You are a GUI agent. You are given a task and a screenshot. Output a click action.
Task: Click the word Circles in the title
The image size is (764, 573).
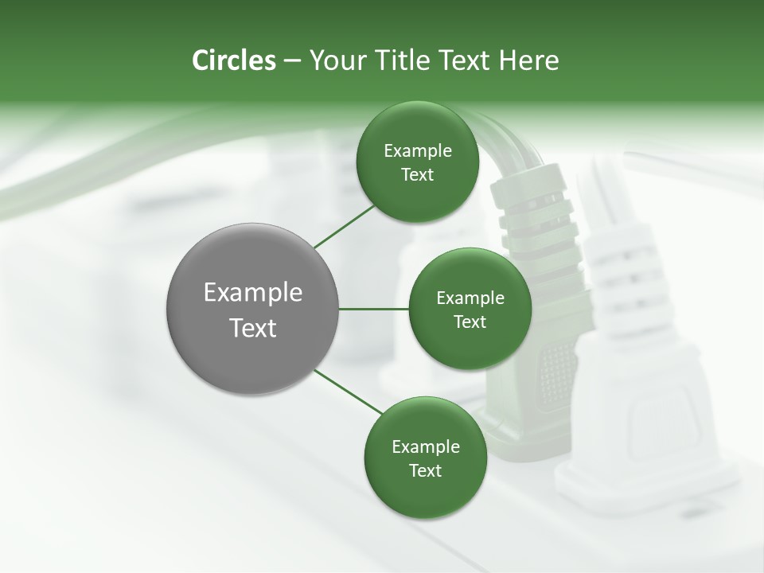click(233, 60)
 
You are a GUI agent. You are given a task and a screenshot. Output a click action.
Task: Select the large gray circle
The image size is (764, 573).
click(253, 309)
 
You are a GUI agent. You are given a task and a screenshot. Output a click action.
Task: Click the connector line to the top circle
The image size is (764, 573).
click(344, 227)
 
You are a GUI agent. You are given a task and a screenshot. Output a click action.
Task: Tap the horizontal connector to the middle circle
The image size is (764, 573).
click(374, 309)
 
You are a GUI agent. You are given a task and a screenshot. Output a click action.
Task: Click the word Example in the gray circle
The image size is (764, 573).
click(253, 293)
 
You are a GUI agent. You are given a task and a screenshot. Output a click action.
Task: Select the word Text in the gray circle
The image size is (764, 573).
click(253, 327)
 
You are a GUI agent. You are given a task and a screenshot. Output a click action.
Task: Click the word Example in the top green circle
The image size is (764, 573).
click(418, 151)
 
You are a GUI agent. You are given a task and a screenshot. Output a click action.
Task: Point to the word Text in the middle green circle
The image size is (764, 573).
click(470, 322)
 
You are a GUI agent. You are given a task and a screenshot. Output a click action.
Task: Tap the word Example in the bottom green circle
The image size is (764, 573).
click(426, 447)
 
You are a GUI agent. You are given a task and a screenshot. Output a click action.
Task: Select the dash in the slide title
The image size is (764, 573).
click(292, 61)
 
